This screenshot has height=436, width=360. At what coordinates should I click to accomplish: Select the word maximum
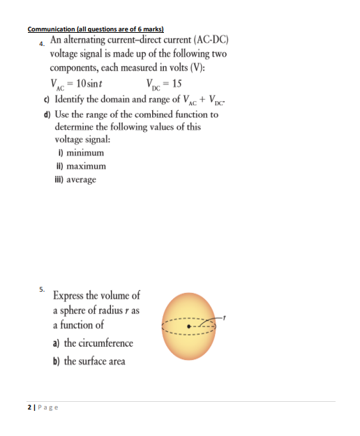tap(84, 167)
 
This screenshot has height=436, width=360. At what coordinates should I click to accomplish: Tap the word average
tap(81, 180)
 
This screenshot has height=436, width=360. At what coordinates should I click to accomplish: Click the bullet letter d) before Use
tap(46, 114)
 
